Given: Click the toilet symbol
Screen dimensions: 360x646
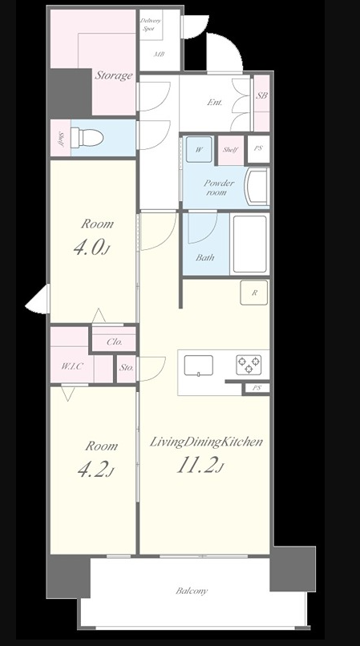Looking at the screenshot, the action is click(x=87, y=138).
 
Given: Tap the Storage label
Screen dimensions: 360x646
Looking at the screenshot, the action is click(x=114, y=75).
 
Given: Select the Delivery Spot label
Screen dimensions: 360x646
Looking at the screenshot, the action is click(x=151, y=25).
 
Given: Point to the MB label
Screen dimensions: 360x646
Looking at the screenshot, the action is click(x=160, y=54).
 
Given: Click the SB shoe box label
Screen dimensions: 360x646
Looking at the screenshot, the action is click(x=262, y=95).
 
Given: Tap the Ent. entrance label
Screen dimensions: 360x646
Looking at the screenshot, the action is click(x=215, y=102).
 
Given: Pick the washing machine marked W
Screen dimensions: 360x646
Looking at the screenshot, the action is click(x=199, y=149).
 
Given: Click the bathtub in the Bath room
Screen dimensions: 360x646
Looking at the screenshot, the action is click(x=250, y=244).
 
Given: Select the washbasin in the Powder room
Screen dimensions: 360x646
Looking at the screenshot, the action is click(x=257, y=187).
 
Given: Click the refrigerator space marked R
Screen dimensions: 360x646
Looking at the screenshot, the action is click(x=254, y=293).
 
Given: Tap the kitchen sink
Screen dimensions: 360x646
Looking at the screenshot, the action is click(x=199, y=365).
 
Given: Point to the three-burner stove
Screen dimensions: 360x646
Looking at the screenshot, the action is click(x=249, y=365).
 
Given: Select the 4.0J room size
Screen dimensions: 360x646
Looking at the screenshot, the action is click(x=92, y=248).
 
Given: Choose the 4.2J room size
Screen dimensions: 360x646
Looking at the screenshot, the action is click(x=95, y=470).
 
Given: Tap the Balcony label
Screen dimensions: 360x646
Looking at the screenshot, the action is click(x=192, y=591).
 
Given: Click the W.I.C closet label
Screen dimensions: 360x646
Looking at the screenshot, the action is click(x=72, y=365).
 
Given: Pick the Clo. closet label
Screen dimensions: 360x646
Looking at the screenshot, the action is click(x=114, y=342).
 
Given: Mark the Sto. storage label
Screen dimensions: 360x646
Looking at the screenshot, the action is click(x=127, y=368).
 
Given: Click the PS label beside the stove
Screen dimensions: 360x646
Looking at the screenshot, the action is click(x=257, y=388).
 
